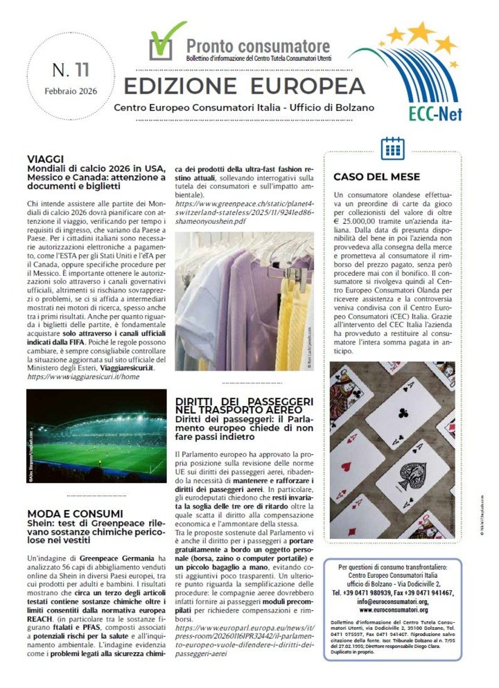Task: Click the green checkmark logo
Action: tap(166, 41)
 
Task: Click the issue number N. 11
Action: tap(71, 71)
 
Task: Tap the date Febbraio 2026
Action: tap(71, 91)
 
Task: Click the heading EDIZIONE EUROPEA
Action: tap(244, 85)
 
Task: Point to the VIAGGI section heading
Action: tap(46, 159)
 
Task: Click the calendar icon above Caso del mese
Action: tap(392, 148)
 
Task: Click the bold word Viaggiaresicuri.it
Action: tap(125, 367)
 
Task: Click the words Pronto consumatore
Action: tap(258, 46)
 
